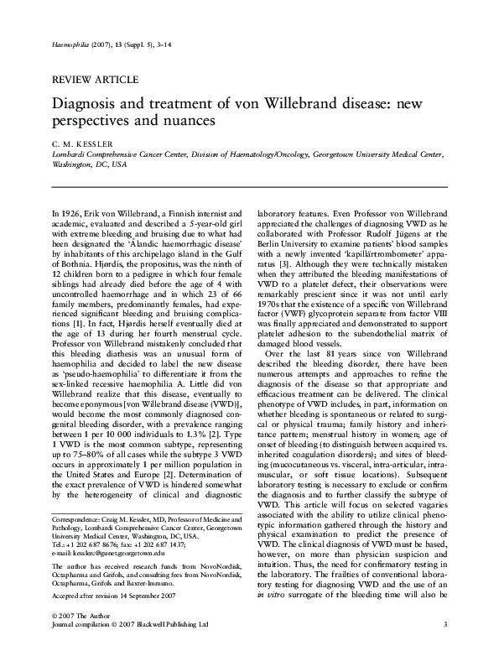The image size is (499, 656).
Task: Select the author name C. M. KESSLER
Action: coord(83,143)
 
